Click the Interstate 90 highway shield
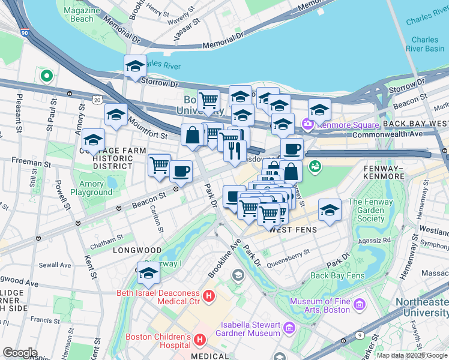[x=23, y=35]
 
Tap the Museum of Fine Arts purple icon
[x=360, y=305]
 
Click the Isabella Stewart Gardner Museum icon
[x=290, y=328]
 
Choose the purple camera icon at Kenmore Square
[x=309, y=124]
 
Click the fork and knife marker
[x=235, y=150]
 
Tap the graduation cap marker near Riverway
[x=148, y=274]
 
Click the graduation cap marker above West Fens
[x=330, y=209]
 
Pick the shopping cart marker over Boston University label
[x=208, y=101]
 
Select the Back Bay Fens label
[x=337, y=275]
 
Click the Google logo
[x=20, y=352]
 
